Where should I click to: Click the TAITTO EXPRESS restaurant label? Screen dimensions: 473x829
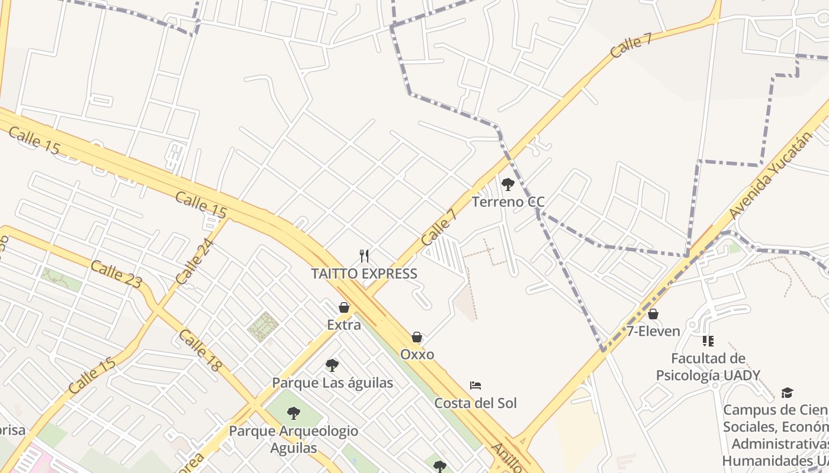(x=364, y=274)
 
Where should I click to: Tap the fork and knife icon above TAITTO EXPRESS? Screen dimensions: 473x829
(x=364, y=256)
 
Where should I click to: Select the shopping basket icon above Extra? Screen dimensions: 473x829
(x=344, y=307)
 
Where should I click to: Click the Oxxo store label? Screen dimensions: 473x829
(x=417, y=355)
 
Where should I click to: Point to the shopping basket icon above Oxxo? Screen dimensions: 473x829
(x=417, y=337)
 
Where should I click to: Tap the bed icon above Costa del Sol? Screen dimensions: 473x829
(x=475, y=385)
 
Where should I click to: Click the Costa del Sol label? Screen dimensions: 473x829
(x=475, y=403)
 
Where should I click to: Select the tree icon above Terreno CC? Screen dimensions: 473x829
(x=507, y=184)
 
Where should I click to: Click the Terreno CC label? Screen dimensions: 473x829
(x=508, y=202)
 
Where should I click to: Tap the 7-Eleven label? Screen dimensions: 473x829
(x=653, y=331)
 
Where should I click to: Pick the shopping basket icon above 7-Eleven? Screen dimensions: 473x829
(x=653, y=314)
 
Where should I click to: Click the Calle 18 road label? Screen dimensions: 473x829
(x=200, y=351)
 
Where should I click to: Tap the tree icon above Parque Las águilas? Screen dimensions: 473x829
(x=332, y=365)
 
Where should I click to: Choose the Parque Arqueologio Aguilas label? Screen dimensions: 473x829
(x=294, y=439)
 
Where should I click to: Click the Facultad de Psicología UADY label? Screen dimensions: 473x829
(x=708, y=367)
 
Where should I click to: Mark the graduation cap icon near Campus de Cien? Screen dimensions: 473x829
(x=787, y=393)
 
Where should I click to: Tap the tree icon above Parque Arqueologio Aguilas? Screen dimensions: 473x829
(x=294, y=413)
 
